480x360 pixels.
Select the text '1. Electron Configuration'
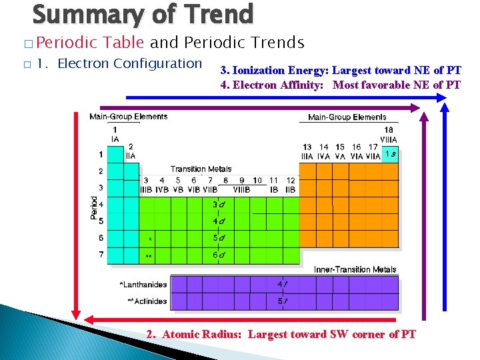[x=119, y=64]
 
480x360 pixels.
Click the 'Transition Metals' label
[x=201, y=169]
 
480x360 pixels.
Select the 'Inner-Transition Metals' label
[x=355, y=269]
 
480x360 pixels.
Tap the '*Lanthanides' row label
[x=143, y=285]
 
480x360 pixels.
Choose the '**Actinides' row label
[x=147, y=301]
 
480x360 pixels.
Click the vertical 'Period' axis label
[x=94, y=207]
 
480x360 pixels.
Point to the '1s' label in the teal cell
[x=391, y=155]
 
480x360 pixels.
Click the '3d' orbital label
[x=218, y=205]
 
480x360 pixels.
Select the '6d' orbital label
[x=218, y=255]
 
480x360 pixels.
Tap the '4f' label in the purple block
[x=283, y=285]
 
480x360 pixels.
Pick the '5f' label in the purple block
[x=283, y=301]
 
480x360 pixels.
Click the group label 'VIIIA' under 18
[x=389, y=139]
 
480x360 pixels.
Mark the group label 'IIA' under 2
[x=131, y=155]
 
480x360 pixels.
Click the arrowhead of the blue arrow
[x=443, y=97]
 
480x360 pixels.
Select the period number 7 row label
[x=101, y=255]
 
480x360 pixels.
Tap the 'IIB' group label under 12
[x=291, y=190]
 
